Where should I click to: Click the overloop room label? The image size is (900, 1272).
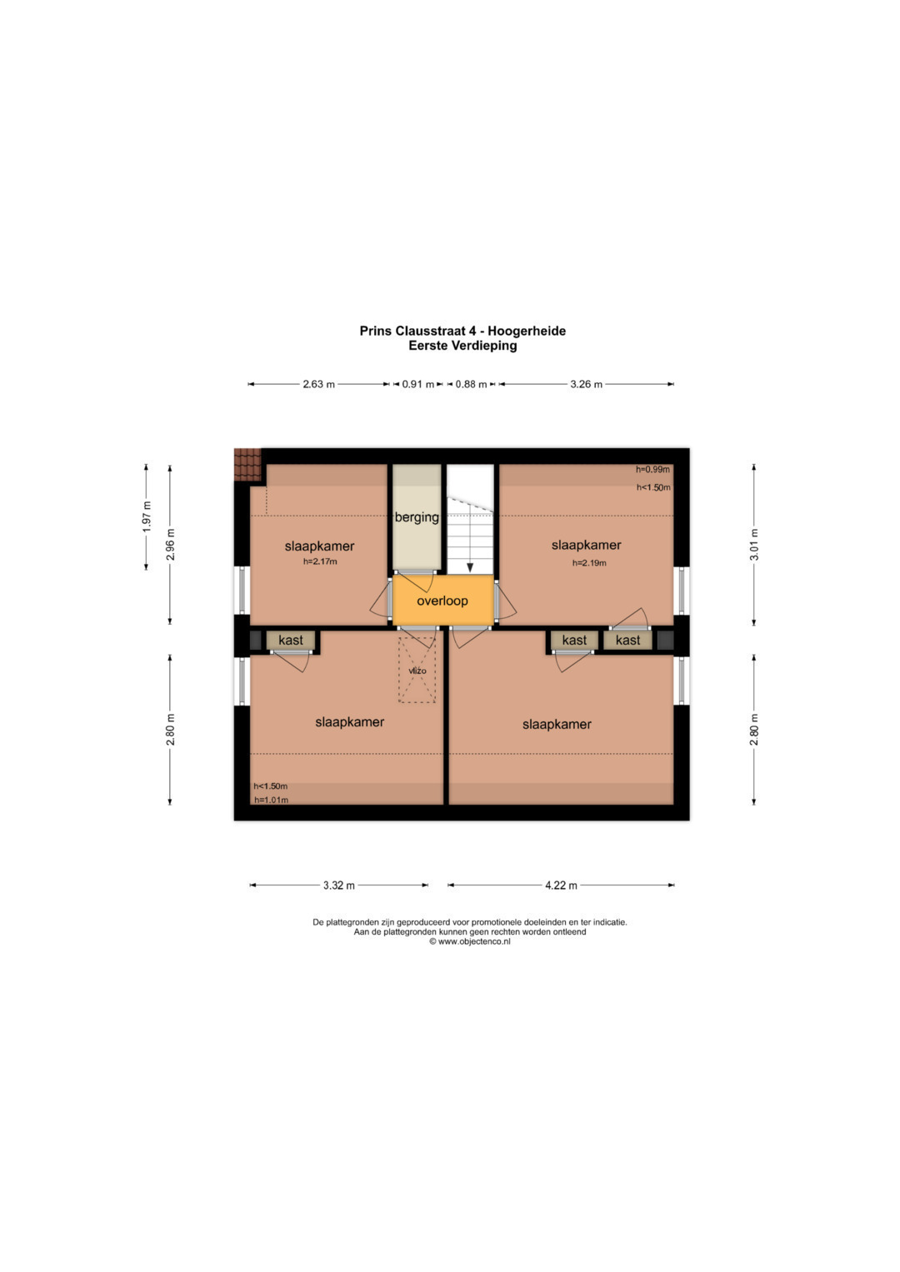click(442, 601)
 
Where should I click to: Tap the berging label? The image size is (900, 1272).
click(417, 517)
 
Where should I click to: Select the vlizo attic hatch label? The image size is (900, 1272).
click(417, 671)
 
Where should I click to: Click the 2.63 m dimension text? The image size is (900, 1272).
click(318, 384)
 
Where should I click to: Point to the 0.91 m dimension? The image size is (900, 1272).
click(418, 384)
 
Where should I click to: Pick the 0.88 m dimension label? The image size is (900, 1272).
click(471, 384)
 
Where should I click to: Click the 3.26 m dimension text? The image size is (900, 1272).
click(587, 384)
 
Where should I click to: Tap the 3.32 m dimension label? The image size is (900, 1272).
click(339, 885)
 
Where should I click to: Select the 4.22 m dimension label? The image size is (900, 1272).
click(562, 885)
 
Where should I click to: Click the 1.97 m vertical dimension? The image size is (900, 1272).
click(147, 516)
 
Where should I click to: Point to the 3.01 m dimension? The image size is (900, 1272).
click(754, 545)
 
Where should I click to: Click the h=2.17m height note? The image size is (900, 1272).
click(320, 561)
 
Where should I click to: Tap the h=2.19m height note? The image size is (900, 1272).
click(589, 563)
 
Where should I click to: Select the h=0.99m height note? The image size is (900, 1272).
click(652, 470)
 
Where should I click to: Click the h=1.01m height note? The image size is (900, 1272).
click(271, 801)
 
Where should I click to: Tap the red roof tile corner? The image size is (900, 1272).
click(247, 465)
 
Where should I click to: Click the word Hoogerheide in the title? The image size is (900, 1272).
click(527, 331)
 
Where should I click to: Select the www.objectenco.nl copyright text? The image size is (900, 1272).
click(470, 941)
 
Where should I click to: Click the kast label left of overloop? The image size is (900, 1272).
click(291, 640)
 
